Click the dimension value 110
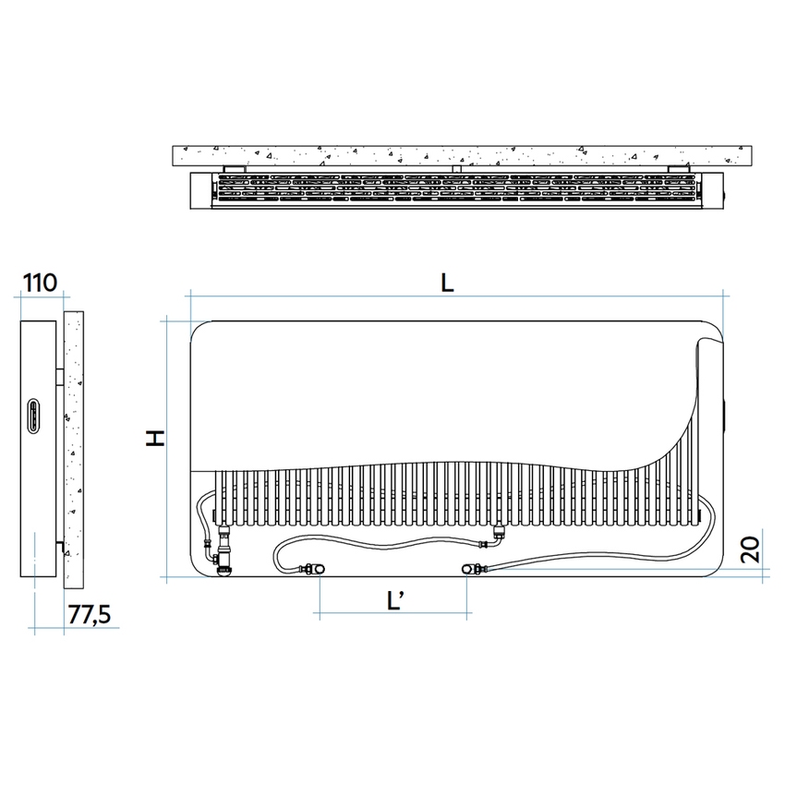coord(40,283)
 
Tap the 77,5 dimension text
coord(89,614)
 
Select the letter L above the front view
coord(447,284)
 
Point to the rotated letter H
coord(155,438)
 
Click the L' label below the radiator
coord(395,600)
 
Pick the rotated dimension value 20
coord(750,549)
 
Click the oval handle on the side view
coord(33,416)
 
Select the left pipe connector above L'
coord(312,569)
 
